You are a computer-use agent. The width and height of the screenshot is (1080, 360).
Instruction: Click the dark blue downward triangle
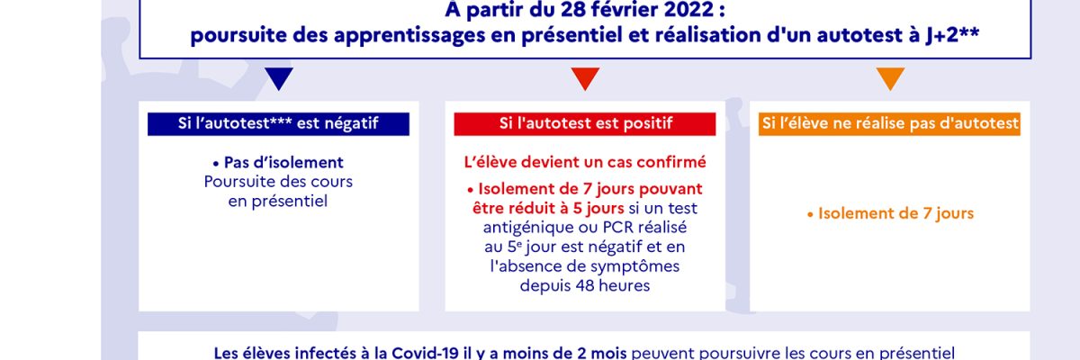pyautogui.click(x=279, y=78)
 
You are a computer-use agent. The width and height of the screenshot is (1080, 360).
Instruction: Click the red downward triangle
pyautogui.click(x=585, y=78)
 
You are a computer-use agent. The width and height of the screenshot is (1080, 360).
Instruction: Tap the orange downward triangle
pyautogui.click(x=890, y=78)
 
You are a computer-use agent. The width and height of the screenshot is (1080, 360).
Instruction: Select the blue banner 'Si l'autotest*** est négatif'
pyautogui.click(x=278, y=124)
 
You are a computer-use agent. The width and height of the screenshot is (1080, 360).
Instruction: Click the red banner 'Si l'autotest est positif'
pyautogui.click(x=585, y=124)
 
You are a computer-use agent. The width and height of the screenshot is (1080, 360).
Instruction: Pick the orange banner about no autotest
pyautogui.click(x=889, y=124)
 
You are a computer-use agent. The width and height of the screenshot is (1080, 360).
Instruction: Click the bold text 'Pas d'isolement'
pyautogui.click(x=283, y=162)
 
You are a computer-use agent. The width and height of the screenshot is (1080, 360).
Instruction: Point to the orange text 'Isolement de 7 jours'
pyautogui.click(x=895, y=213)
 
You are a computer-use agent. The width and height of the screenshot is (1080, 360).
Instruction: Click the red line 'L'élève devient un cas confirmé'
pyautogui.click(x=585, y=162)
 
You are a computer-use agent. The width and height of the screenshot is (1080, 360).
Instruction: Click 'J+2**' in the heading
pyautogui.click(x=952, y=35)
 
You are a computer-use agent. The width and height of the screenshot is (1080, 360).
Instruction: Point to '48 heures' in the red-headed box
pyautogui.click(x=612, y=285)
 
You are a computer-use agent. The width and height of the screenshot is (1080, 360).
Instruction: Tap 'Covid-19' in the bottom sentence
pyautogui.click(x=425, y=353)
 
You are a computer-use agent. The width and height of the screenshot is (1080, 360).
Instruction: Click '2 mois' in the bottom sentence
pyautogui.click(x=602, y=353)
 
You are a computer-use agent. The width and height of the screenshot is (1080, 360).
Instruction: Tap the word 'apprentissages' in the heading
pyautogui.click(x=409, y=36)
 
